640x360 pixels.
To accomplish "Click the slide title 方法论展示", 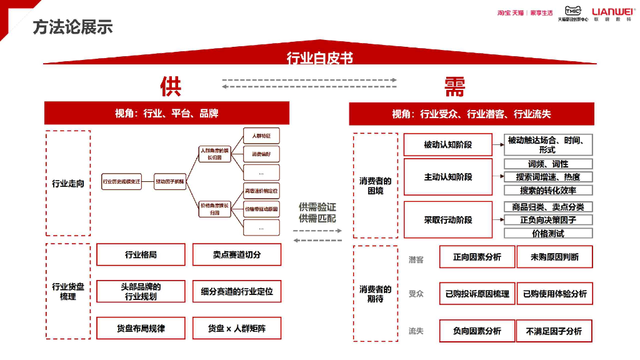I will tap(72, 27).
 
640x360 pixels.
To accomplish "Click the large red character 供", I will tap(170, 86).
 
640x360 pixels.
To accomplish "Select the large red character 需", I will tap(454, 86).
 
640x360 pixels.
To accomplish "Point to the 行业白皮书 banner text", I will tap(319, 58).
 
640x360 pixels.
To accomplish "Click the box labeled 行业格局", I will tap(141, 254).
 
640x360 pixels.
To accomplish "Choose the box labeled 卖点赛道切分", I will tap(236, 254).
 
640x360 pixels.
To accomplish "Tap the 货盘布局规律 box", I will tap(141, 328).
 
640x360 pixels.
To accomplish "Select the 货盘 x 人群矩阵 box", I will tap(236, 328).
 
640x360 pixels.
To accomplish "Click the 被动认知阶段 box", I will tap(447, 145).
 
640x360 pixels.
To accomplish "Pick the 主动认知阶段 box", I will tap(447, 177).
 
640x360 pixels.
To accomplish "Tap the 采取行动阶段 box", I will tap(447, 219).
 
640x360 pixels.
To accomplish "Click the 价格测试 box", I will tap(548, 233).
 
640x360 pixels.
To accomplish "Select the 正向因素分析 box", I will tap(477, 257).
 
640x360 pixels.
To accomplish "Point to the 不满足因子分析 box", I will tap(554, 331).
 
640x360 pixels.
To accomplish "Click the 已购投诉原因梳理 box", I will tap(477, 294).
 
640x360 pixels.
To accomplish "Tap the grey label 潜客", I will tap(416, 259).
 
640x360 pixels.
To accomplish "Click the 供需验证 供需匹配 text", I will tap(317, 212).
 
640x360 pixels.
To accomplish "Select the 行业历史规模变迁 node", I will tap(122, 181).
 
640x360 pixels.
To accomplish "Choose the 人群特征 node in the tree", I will tap(261, 136).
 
